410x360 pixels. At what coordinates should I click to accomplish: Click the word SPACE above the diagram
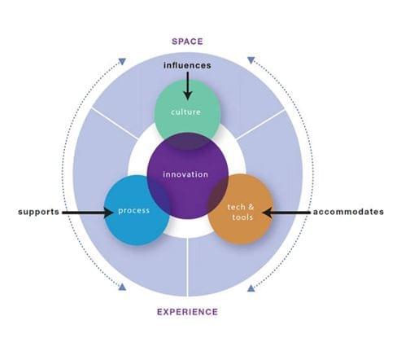[x=187, y=42]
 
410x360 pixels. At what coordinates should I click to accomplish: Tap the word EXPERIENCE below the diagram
[x=187, y=312]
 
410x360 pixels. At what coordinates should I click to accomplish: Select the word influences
[x=187, y=65]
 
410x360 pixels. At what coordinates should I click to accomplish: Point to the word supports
[x=38, y=212]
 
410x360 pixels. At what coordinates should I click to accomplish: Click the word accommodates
[x=348, y=212]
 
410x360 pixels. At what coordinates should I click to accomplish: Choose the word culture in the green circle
[x=186, y=112]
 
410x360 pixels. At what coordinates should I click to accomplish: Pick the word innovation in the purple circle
[x=185, y=174]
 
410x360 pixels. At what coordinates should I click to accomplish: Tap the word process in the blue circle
[x=134, y=211]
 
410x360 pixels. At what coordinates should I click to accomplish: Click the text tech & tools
[x=241, y=212]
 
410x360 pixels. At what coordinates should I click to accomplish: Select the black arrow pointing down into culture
[x=187, y=86]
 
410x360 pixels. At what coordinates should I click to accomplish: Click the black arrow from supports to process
[x=88, y=213]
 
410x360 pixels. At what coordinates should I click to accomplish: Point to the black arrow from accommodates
[x=286, y=213]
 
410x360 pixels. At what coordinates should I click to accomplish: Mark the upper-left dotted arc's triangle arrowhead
[x=122, y=62]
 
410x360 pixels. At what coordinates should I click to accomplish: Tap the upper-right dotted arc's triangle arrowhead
[x=251, y=60]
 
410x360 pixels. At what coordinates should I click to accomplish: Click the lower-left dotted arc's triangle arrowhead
[x=122, y=287]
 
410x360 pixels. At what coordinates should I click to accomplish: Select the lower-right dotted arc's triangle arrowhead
[x=251, y=288]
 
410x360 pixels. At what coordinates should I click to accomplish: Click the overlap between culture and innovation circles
[x=188, y=141]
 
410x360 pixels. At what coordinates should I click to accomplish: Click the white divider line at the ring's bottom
[x=187, y=267]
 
